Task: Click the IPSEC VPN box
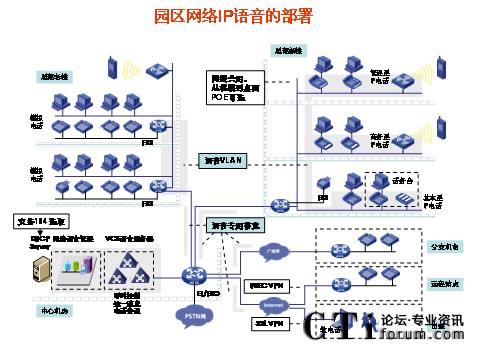pyautogui.click(x=265, y=283)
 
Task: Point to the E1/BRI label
pyautogui.click(x=213, y=293)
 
